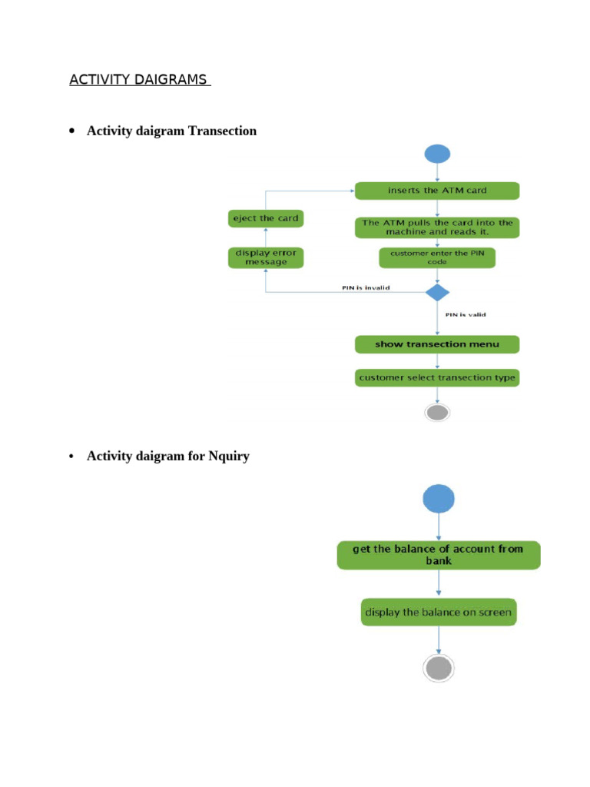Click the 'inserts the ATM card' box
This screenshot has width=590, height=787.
pos(437,190)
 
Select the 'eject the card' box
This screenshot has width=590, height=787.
pos(266,218)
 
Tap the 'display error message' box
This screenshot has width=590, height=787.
pos(266,257)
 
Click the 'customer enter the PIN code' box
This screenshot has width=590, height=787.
pos(437,257)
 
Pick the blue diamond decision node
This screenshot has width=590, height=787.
pos(437,292)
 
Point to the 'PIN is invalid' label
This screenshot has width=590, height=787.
pos(366,288)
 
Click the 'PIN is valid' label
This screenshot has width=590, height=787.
pos(466,314)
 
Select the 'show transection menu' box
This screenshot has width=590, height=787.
pos(437,344)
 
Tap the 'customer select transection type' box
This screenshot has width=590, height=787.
pos(437,377)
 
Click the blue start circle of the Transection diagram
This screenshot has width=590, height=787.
pos(437,154)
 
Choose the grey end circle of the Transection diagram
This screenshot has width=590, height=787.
pos(437,413)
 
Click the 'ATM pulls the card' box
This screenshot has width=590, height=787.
pos(437,227)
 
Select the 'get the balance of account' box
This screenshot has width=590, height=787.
pos(439,555)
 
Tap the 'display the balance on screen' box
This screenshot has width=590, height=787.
pos(439,613)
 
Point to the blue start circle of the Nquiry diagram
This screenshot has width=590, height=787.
pos(439,500)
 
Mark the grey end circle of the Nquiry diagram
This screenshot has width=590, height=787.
pos(439,668)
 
